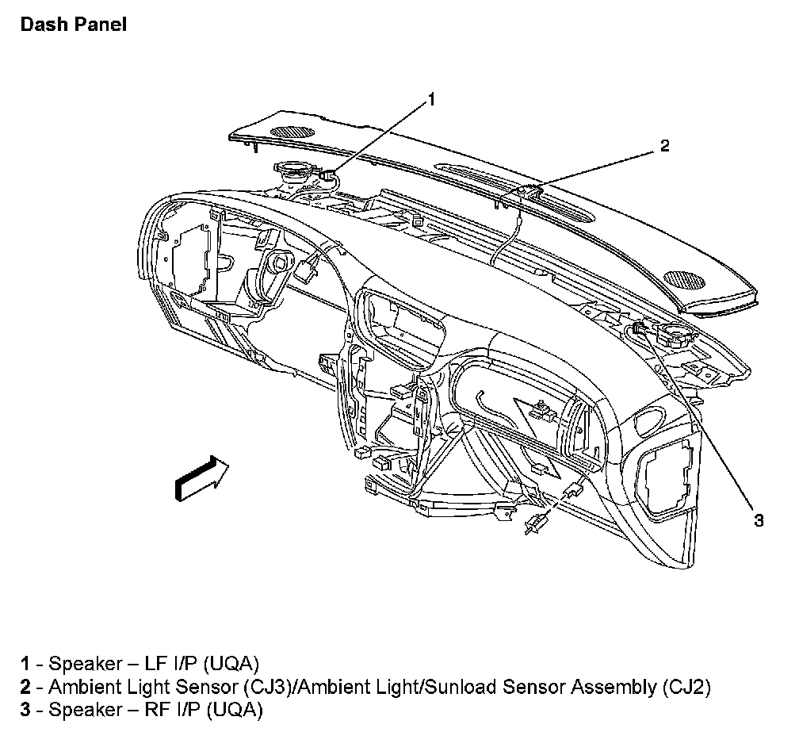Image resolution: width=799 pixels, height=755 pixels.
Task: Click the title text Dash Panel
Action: click(x=72, y=25)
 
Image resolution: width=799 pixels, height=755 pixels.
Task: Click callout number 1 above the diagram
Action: click(x=432, y=99)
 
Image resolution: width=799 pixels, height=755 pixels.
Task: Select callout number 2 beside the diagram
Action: click(x=665, y=145)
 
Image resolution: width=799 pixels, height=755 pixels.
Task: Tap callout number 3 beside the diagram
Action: click(x=759, y=520)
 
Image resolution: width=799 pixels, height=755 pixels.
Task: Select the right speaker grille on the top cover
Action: click(x=683, y=279)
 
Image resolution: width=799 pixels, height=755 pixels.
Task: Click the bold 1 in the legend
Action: click(x=26, y=663)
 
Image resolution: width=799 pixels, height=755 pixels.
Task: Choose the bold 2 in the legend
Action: click(x=26, y=686)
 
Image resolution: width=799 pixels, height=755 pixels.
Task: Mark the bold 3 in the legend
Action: click(x=26, y=710)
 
